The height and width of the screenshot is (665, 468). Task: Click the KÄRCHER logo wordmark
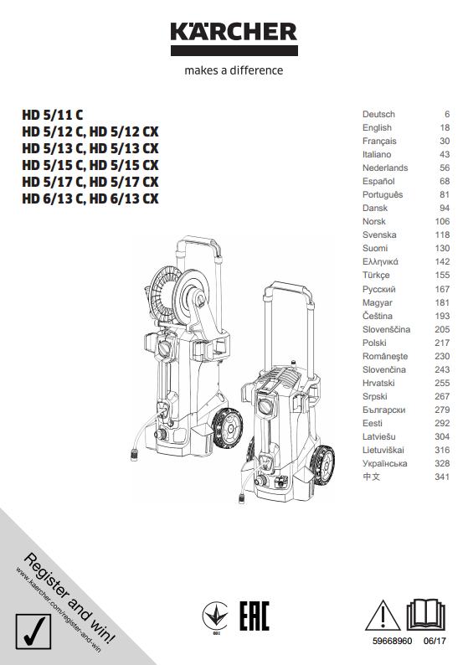tap(234, 32)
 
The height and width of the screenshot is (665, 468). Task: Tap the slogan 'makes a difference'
tap(234, 70)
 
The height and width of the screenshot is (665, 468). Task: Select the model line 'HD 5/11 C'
tap(53, 115)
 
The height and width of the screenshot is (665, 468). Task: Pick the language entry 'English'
tap(377, 127)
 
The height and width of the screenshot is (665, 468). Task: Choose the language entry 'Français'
tap(379, 142)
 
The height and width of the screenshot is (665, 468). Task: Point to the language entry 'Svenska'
tap(379, 235)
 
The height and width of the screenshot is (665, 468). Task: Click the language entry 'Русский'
tap(379, 289)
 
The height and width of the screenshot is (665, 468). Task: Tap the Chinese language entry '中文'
tap(372, 477)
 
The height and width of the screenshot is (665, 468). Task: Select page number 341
tap(442, 477)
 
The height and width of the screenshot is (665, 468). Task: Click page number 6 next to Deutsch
tap(447, 114)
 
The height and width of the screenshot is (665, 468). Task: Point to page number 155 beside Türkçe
tap(442, 276)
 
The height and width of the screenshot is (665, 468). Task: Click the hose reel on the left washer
tap(179, 293)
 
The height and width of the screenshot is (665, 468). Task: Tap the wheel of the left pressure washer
tap(227, 427)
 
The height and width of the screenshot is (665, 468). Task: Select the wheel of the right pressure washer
tap(322, 465)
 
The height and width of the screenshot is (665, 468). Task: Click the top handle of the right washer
tap(288, 289)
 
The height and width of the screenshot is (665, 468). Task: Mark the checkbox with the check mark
tap(33, 631)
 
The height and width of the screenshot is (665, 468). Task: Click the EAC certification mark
tap(255, 616)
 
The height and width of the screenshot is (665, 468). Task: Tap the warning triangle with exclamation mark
tap(383, 616)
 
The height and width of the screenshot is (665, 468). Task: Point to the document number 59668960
tap(392, 641)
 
